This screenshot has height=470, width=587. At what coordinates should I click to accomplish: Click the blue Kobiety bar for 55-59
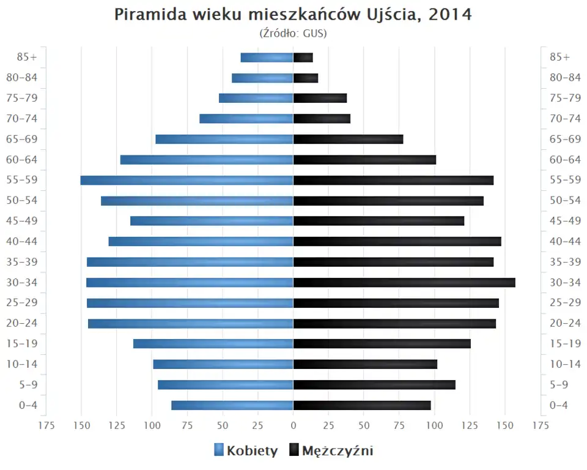186,180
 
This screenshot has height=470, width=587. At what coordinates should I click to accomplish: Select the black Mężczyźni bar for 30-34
404,282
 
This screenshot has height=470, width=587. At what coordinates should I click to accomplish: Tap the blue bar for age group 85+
267,58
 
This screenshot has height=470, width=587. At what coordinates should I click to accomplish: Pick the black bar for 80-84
306,78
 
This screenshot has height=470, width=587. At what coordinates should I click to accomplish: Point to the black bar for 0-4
362,405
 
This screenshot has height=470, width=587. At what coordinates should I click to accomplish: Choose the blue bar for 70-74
246,119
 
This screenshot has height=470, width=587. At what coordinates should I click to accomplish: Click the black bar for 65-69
348,139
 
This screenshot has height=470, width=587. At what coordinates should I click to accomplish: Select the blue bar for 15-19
213,343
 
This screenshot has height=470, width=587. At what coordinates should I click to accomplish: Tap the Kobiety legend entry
246,451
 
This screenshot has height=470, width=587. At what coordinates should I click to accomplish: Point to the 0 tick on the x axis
293,425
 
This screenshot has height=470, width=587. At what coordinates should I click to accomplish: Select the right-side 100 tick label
435,425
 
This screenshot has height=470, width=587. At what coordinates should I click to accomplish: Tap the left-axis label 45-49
21,221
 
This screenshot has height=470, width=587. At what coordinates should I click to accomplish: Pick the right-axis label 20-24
565,323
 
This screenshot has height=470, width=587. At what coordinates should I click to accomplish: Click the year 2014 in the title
449,15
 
